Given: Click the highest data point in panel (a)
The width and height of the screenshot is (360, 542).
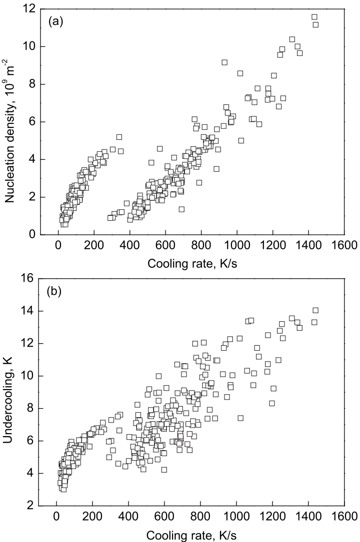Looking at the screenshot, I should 314,17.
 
